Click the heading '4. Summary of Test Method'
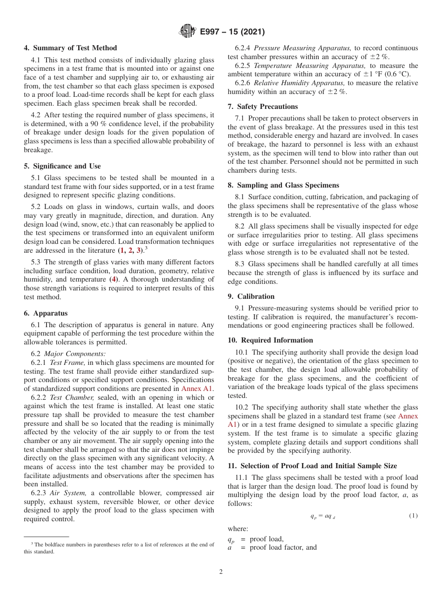tap(70, 48)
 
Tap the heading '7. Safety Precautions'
tap(263, 107)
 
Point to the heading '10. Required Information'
tap(270, 340)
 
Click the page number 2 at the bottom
tap(221, 572)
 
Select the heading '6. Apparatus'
tap(46, 313)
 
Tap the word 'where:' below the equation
tap(238, 529)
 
